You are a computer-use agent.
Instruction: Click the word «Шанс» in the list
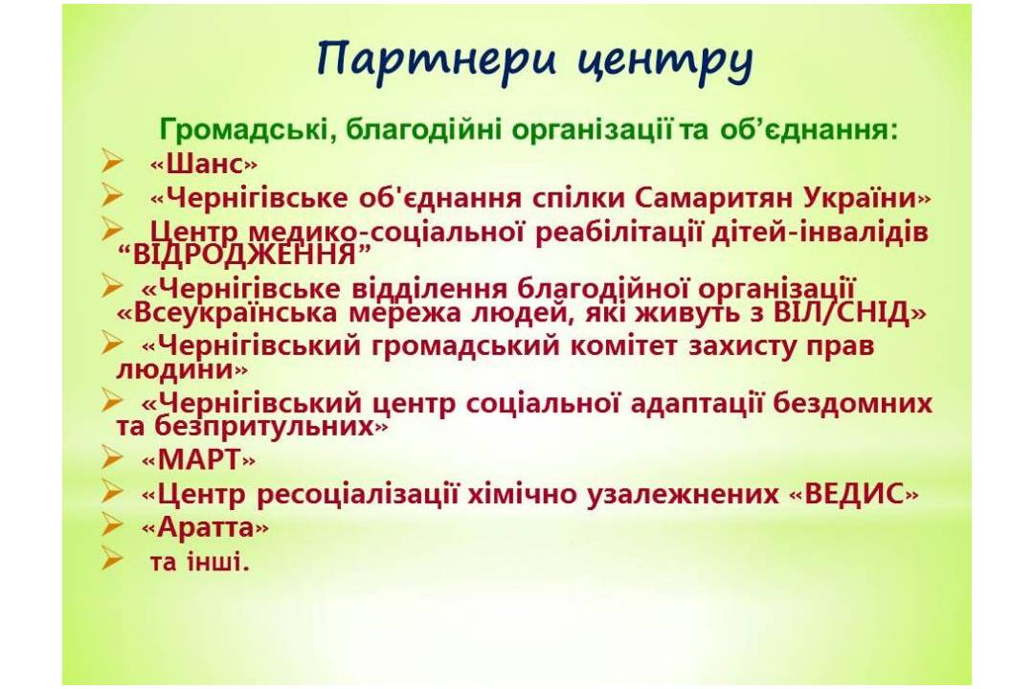204,164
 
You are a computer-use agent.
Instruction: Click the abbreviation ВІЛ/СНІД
842,312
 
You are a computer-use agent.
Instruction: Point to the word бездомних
853,404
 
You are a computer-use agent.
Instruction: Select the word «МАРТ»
198,460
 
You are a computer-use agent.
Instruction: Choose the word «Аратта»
205,527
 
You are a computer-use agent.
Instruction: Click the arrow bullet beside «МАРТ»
112,456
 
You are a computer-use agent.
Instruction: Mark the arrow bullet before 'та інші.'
112,559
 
